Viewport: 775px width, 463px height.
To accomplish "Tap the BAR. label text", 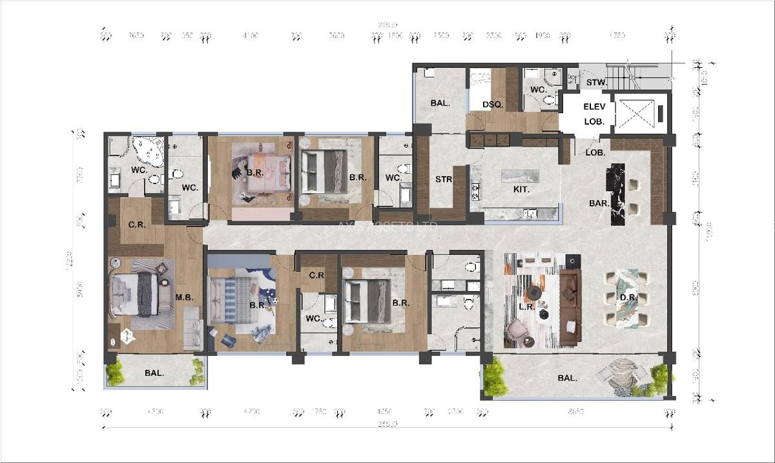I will [x=599, y=203].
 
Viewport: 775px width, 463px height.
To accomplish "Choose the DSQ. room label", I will [x=493, y=105].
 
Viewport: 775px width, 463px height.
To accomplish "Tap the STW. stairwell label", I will [x=595, y=83].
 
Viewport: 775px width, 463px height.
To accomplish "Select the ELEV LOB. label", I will [x=594, y=114].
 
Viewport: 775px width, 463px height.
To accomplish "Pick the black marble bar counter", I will [x=616, y=194].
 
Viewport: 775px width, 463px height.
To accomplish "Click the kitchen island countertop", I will [x=521, y=176].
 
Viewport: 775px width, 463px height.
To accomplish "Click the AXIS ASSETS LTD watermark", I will [x=388, y=227].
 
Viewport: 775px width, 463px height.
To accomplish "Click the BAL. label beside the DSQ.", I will [x=440, y=103].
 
